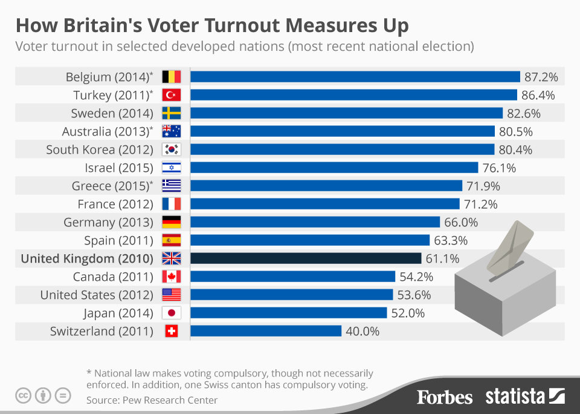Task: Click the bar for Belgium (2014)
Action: click(x=355, y=77)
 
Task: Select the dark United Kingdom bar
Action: click(x=306, y=258)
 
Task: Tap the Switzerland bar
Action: click(x=266, y=331)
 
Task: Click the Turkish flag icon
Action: click(x=172, y=95)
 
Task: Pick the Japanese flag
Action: click(x=172, y=313)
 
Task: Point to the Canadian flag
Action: click(x=172, y=277)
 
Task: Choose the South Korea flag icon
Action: click(x=172, y=149)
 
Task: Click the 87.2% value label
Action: click(x=541, y=77)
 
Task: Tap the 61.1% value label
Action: click(x=442, y=258)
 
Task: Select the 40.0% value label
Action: click(x=362, y=331)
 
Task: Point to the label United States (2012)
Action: click(x=97, y=295)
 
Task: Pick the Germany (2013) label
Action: click(x=108, y=222)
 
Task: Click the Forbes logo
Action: click(x=445, y=397)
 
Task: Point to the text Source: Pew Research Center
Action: click(x=152, y=399)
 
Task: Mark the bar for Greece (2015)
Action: click(x=326, y=186)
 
